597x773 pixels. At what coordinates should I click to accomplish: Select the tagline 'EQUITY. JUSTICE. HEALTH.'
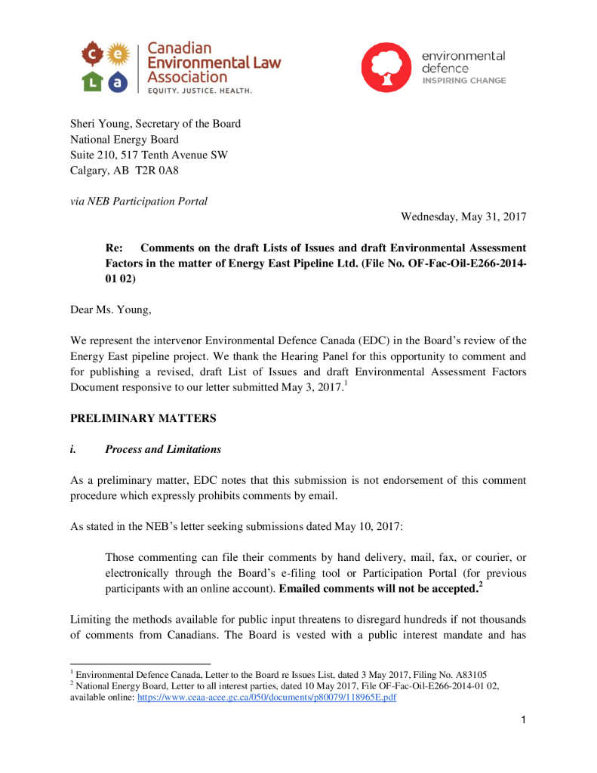coord(199,90)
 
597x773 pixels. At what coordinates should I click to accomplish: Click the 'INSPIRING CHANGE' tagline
coord(463,80)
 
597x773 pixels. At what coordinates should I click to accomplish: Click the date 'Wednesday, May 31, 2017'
coord(463,217)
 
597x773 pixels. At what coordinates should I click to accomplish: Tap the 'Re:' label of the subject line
coord(114,248)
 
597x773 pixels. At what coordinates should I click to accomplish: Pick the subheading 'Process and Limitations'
coord(163,449)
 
